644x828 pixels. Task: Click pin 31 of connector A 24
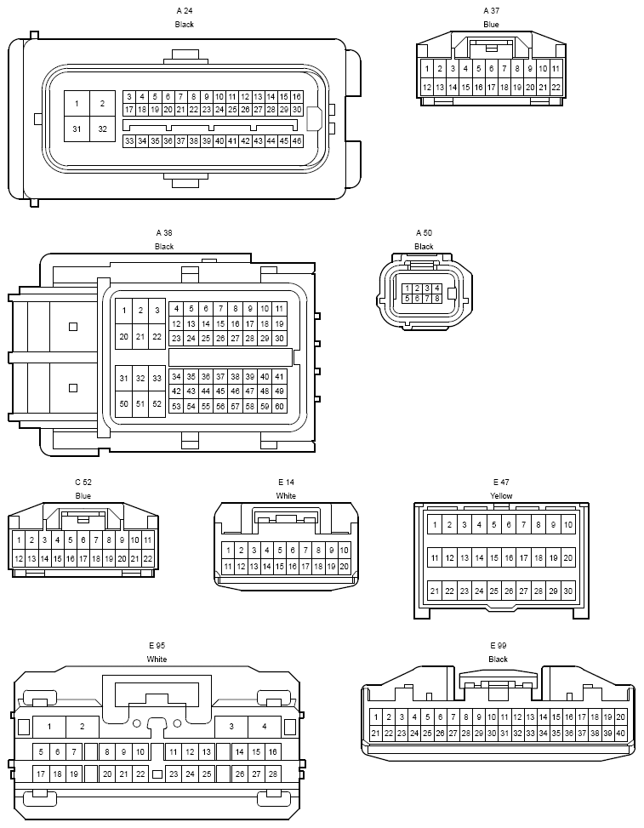point(77,128)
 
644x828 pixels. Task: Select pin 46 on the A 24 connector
point(297,141)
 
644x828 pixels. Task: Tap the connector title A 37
point(491,10)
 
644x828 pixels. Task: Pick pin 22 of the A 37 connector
point(556,87)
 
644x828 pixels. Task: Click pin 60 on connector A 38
point(279,406)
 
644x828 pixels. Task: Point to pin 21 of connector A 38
point(140,336)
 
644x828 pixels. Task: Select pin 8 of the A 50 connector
point(437,299)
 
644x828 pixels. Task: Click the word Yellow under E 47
point(501,496)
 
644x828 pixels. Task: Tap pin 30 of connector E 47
point(568,591)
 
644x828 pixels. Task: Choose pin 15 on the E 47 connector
point(494,557)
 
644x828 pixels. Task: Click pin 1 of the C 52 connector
point(19,540)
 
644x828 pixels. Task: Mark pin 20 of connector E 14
point(345,567)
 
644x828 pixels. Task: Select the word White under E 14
point(286,496)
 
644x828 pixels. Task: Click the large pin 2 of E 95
point(83,727)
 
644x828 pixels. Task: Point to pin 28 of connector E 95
point(272,774)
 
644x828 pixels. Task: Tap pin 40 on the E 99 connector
point(621,733)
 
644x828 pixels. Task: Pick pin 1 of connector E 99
point(376,717)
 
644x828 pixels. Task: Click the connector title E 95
point(157,645)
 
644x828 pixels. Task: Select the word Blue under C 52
point(83,496)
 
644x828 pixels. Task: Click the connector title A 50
point(424,233)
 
